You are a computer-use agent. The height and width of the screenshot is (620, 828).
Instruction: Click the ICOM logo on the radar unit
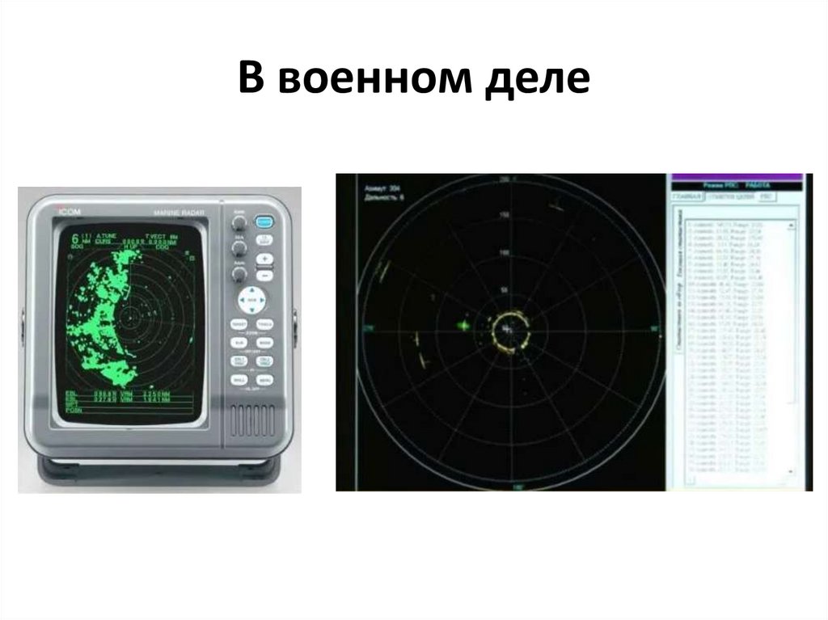[68, 212]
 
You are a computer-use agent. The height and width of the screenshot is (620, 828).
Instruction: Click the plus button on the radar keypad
[264, 259]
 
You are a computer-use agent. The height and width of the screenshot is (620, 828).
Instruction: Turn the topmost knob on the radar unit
[239, 221]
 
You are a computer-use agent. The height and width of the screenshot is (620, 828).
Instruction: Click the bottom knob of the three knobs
[239, 274]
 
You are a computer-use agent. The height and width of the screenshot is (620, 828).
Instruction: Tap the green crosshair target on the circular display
[463, 325]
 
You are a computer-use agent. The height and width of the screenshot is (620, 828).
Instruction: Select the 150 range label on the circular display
[505, 216]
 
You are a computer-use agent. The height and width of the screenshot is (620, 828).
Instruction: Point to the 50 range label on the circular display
[505, 289]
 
